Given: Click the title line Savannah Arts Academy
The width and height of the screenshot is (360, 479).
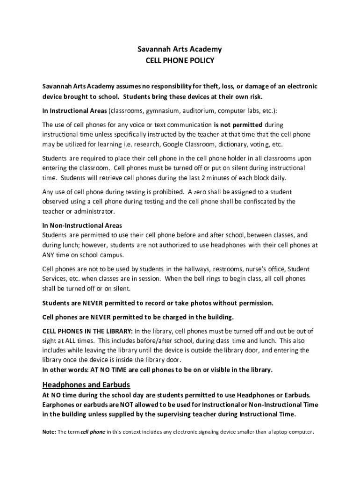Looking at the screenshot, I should point(180,50).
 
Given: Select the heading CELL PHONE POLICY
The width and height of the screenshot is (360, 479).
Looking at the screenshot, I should point(180,61).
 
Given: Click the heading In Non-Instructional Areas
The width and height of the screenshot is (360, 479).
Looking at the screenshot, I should point(82,225).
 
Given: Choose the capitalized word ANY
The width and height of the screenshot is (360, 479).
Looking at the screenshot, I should point(50,255).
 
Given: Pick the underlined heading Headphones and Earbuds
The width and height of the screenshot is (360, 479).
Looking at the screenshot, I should point(86,385).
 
